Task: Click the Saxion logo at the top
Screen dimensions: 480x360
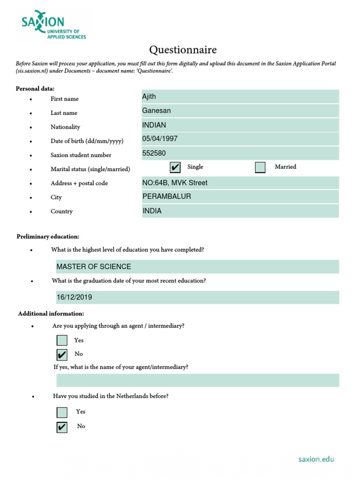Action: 53,27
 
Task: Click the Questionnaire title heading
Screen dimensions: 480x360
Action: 183,50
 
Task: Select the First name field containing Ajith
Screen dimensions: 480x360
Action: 240,97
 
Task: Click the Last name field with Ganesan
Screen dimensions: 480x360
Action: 240,111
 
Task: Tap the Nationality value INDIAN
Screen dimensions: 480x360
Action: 240,125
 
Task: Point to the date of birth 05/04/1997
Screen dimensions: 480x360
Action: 240,139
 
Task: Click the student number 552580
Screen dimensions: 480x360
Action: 240,153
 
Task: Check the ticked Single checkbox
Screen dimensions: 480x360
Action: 175,167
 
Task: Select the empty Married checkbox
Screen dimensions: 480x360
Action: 260,167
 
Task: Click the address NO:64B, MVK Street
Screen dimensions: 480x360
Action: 240,183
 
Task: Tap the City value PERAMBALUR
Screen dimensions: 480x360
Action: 240,197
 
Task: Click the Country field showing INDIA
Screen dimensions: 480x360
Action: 240,211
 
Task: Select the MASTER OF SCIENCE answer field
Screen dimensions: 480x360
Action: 197,267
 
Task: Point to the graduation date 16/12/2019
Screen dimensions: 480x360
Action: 197,297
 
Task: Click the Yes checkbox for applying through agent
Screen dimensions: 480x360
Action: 62,340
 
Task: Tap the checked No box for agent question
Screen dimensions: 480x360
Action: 62,355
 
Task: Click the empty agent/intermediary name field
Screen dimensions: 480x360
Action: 197,380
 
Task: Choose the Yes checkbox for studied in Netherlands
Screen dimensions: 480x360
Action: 62,412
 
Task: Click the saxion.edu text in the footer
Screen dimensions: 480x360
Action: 316,459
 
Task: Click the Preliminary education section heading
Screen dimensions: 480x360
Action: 48,237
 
